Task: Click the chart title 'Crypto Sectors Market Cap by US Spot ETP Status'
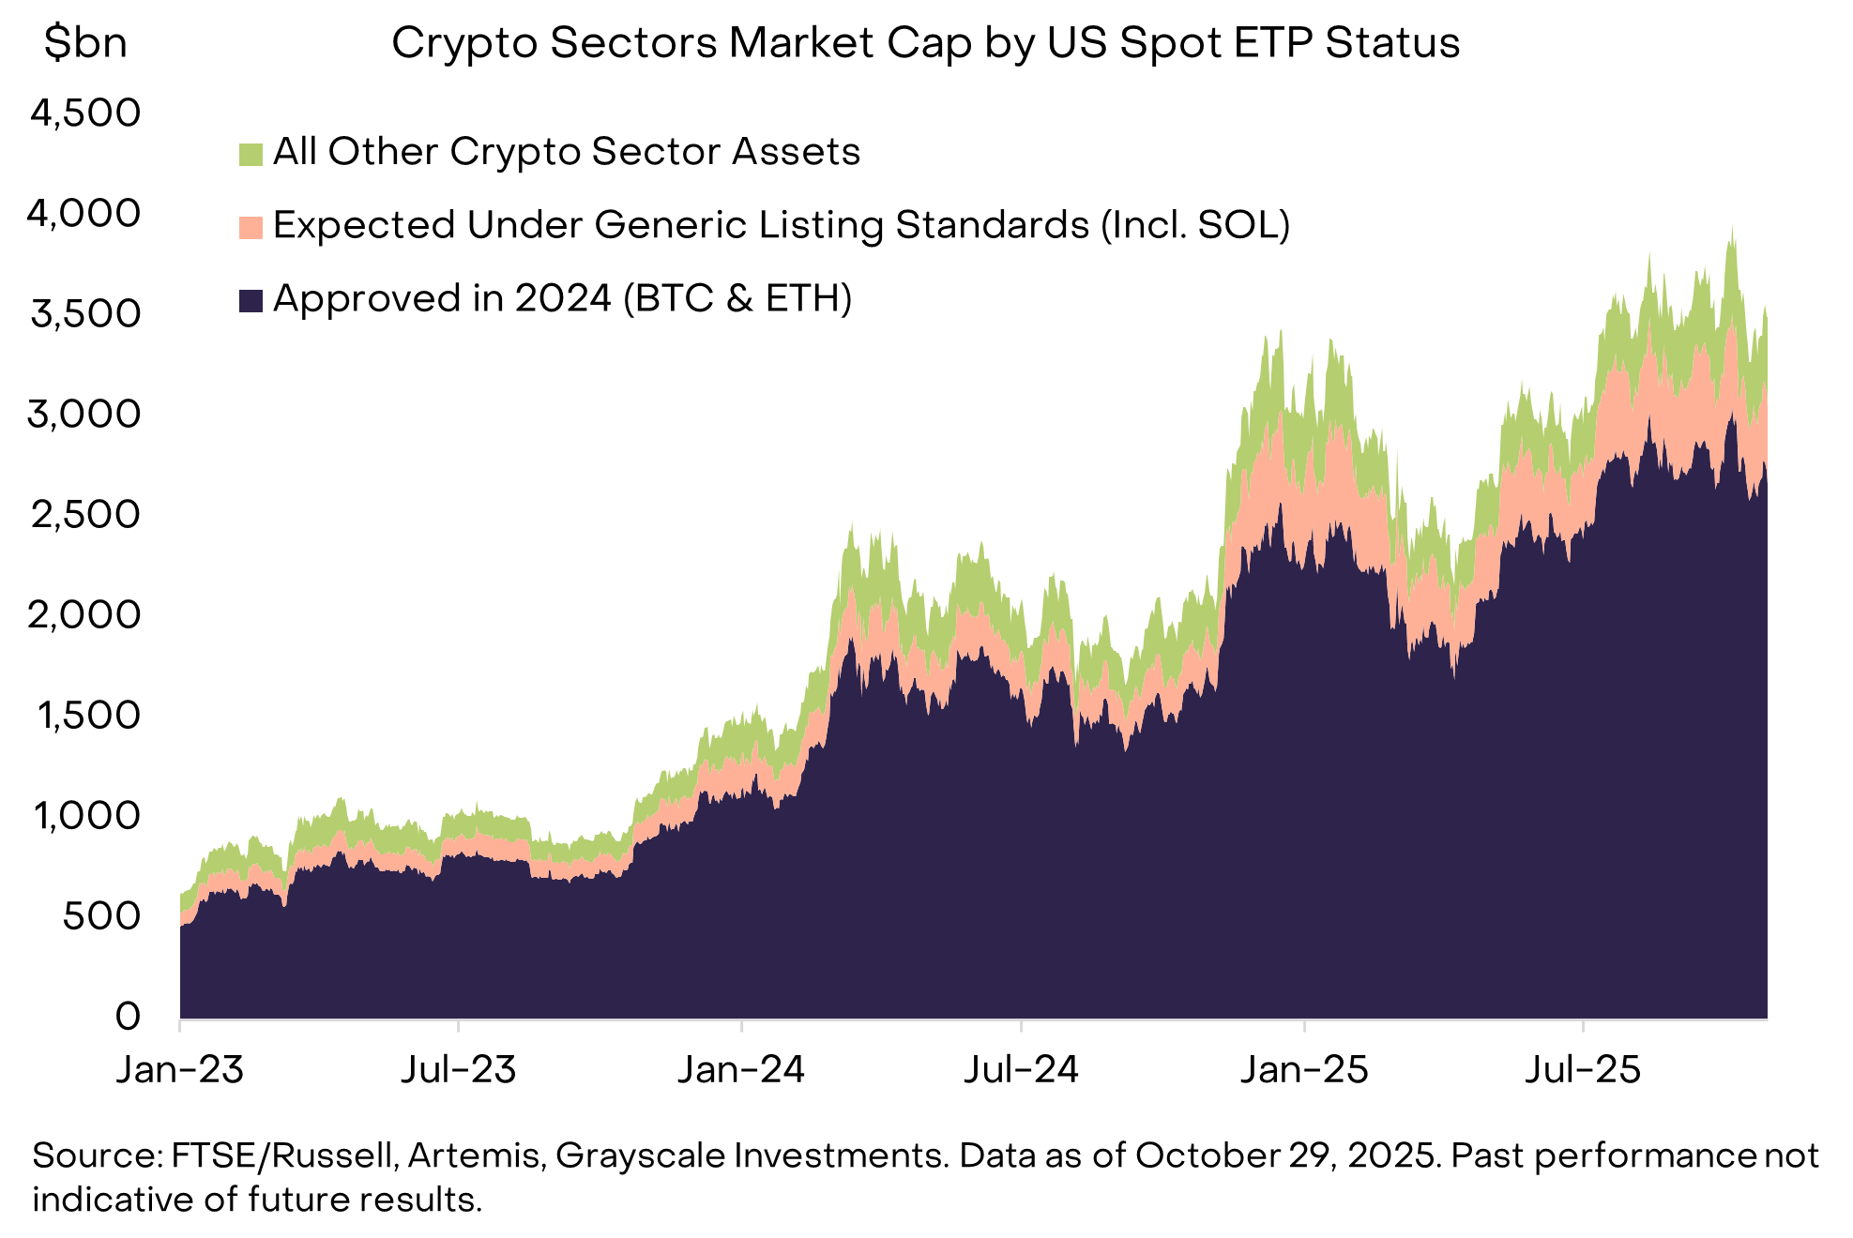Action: [x=925, y=43]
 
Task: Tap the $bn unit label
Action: [x=85, y=43]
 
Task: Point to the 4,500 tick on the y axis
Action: [x=85, y=113]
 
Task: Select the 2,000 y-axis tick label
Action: [x=85, y=615]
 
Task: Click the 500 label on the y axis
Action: [x=101, y=916]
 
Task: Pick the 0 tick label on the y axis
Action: [x=128, y=1017]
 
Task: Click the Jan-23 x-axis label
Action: [x=180, y=1069]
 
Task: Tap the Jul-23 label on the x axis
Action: [x=459, y=1069]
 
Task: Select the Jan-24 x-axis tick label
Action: [x=741, y=1069]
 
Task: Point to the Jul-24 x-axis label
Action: [x=1022, y=1069]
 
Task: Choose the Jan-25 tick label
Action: [x=1304, y=1069]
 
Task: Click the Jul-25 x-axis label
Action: [x=1584, y=1069]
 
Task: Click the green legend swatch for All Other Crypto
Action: [x=251, y=154]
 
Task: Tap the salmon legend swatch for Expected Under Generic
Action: [x=251, y=227]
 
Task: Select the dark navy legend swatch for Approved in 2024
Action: [x=251, y=300]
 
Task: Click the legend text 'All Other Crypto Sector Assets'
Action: [x=567, y=152]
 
